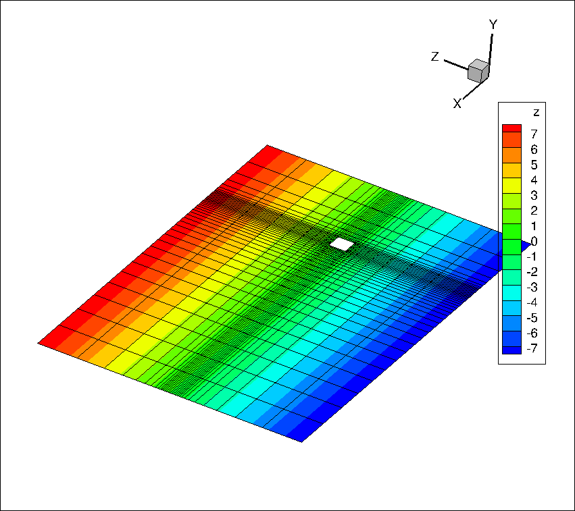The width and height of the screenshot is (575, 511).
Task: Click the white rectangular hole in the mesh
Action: click(x=342, y=244)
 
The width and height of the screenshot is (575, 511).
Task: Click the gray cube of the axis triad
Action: click(x=478, y=71)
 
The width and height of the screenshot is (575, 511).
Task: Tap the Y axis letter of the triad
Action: click(x=493, y=24)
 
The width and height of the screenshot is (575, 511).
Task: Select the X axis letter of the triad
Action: click(x=457, y=104)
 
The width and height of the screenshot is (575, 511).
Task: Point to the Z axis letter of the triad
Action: click(x=434, y=57)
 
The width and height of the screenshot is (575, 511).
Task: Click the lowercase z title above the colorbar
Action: click(x=536, y=113)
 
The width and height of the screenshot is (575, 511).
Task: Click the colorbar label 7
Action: click(x=534, y=134)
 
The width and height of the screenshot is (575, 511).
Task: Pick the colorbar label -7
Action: click(x=532, y=348)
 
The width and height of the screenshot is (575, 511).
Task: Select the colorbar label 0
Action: click(x=534, y=242)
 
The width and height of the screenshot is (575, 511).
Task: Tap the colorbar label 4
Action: click(x=534, y=180)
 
